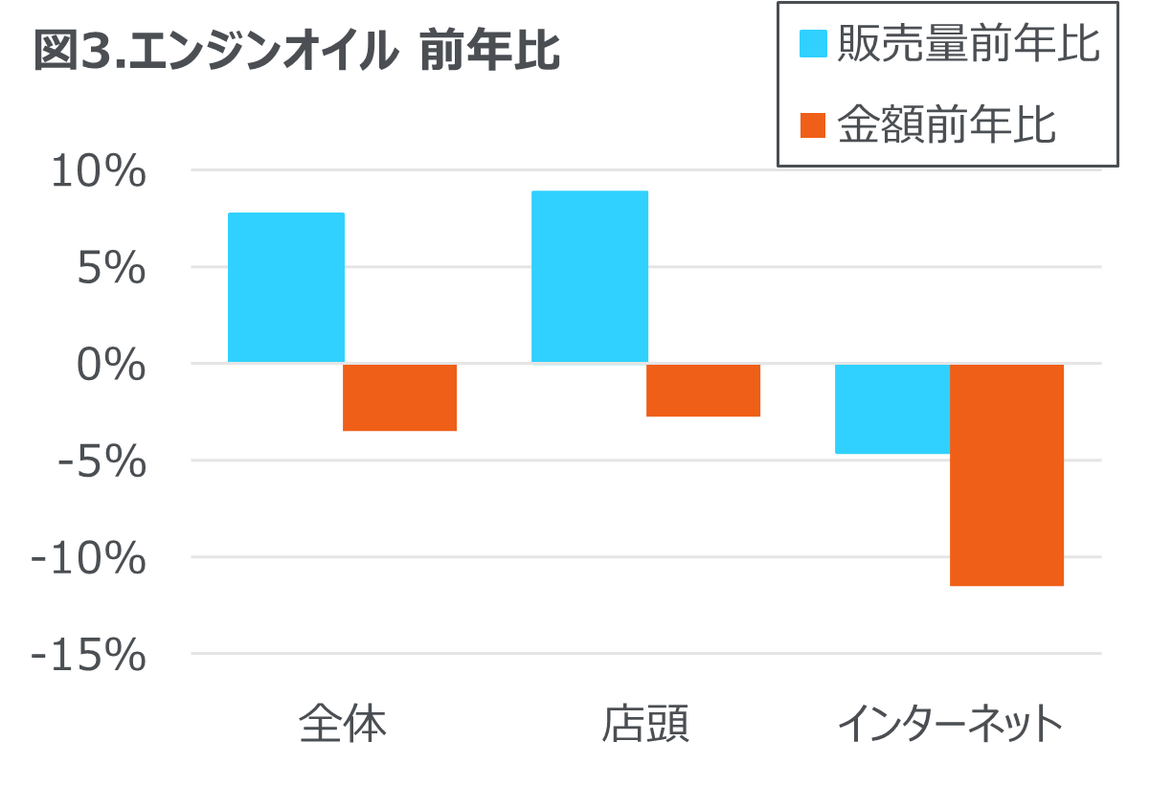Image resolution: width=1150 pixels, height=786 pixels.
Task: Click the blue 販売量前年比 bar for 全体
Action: coord(286,287)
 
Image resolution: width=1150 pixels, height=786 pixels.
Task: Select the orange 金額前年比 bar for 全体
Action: coord(400,398)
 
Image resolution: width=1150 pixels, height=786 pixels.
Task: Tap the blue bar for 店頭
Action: coord(590,277)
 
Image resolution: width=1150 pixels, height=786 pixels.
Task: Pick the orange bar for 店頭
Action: coord(704,391)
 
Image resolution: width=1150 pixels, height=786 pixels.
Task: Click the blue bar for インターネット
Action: coord(892,409)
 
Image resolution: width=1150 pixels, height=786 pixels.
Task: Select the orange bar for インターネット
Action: coord(1007,475)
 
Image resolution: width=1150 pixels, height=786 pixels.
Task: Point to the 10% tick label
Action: coord(99,172)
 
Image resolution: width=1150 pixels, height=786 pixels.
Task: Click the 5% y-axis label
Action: coord(112,269)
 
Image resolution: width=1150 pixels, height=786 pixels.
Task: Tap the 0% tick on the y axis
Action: coord(112,366)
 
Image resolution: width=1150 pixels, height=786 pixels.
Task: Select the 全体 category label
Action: coord(343,725)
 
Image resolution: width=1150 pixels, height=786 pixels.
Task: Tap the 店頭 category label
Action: coord(645,725)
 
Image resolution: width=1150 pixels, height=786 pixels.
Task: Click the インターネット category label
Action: coord(950,725)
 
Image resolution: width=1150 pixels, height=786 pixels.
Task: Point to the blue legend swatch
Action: coord(813,44)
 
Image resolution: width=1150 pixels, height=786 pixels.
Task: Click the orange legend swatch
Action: coord(813,125)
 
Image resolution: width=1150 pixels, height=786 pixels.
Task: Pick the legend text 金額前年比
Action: coord(946,125)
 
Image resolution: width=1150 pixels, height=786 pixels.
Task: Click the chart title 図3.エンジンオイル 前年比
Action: coord(297,52)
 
